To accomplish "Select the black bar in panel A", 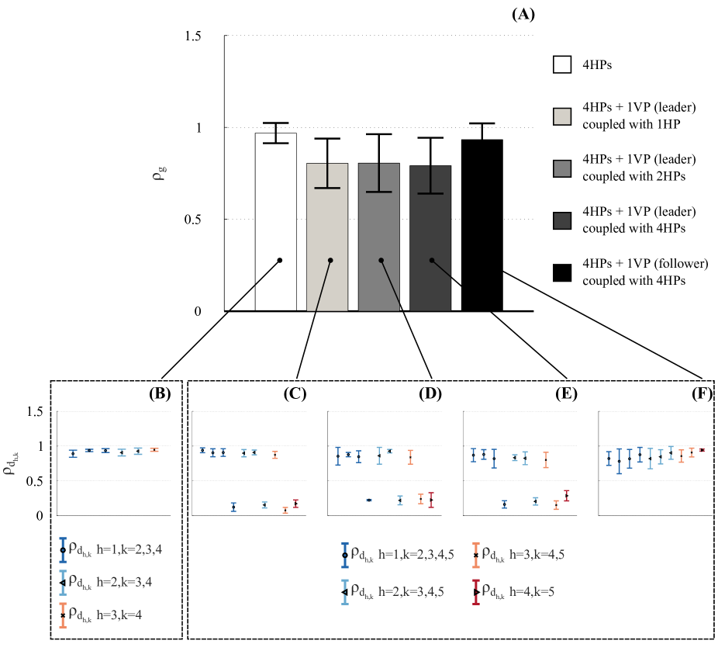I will [x=482, y=225].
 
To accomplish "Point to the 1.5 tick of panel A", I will [x=193, y=36].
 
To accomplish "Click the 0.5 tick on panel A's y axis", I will [x=193, y=220].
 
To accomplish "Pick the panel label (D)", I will [x=430, y=393].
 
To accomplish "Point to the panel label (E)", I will [x=567, y=393].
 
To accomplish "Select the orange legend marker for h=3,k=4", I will [x=63, y=615].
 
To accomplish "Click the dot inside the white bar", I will [x=279, y=260].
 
